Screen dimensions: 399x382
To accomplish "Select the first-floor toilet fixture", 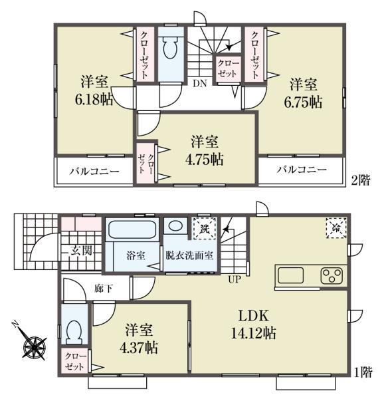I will tap(75, 331).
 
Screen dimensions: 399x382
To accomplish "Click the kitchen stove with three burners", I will tap(331, 276).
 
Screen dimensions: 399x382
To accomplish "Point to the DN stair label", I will tap(199, 84).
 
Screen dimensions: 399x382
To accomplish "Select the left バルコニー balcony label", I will tap(95, 171).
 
